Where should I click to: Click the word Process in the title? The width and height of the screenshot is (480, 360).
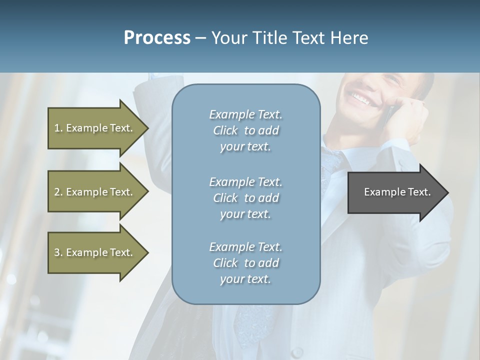157,37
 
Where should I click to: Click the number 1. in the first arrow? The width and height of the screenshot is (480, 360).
58,128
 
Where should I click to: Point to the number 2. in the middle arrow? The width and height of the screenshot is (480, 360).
58,192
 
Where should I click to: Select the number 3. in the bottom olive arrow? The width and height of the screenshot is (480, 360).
58,252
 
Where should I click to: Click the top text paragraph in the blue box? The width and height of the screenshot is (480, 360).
245,130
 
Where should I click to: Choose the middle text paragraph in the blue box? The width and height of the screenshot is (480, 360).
245,197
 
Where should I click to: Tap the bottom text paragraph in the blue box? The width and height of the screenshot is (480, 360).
245,263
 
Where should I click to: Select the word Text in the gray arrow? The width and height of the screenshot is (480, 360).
419,192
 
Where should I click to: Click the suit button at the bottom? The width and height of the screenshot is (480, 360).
298,352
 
